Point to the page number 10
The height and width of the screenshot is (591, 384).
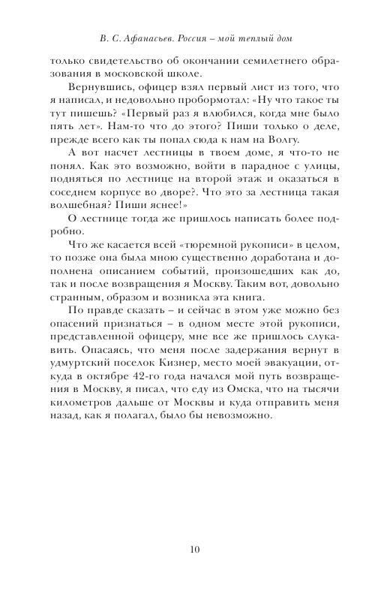tap(195, 549)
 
